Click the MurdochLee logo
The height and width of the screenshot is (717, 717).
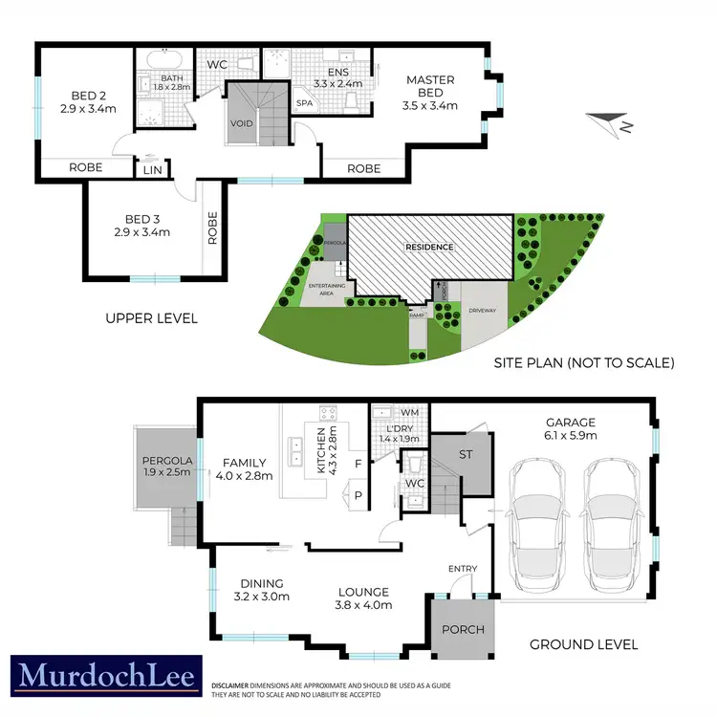pyautogui.click(x=106, y=676)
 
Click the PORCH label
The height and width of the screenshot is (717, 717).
pyautogui.click(x=462, y=630)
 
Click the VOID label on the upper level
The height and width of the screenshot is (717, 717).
pyautogui.click(x=241, y=124)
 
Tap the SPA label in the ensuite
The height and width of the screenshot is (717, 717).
pyautogui.click(x=306, y=102)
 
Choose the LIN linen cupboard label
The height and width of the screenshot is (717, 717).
pyautogui.click(x=152, y=169)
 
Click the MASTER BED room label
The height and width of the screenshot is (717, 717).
pyautogui.click(x=424, y=87)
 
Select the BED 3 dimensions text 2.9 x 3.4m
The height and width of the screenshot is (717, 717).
pyautogui.click(x=141, y=231)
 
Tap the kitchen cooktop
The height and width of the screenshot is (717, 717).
pyautogui.click(x=327, y=414)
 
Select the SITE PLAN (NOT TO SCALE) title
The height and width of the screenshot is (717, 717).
pyautogui.click(x=584, y=363)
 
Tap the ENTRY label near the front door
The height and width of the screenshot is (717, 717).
pyautogui.click(x=463, y=570)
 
